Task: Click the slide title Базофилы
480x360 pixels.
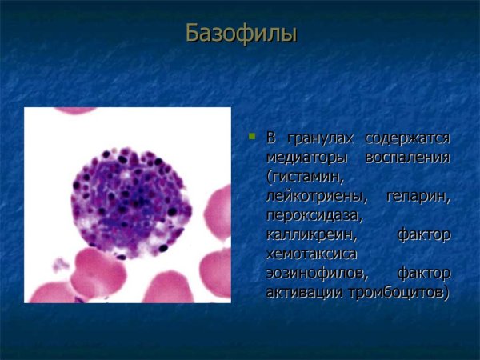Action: (240, 33)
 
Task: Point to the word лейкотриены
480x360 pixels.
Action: (314, 196)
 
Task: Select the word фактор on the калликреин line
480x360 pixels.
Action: (423, 235)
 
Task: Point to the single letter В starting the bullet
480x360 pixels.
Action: (270, 138)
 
